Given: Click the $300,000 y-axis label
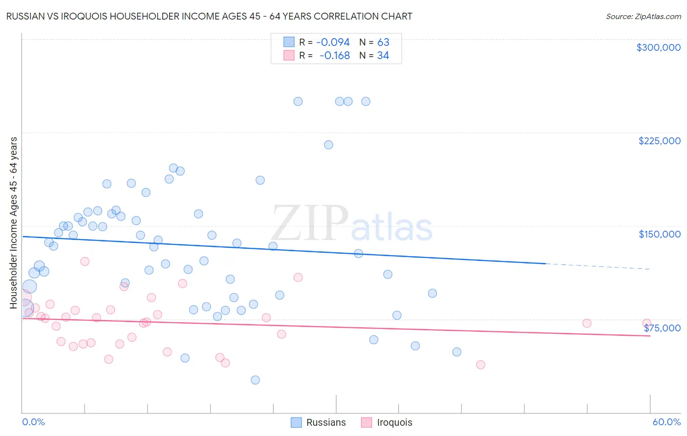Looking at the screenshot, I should click(658, 47).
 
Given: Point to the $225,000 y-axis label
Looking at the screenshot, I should click(659, 141).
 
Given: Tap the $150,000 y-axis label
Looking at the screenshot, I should click(659, 234).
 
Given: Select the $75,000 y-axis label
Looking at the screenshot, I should click(662, 328).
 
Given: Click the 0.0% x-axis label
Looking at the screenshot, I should click(33, 422).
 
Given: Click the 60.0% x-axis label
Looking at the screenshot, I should click(666, 422).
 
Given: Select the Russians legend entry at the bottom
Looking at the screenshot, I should click(318, 422).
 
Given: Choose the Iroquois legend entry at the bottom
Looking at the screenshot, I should click(386, 422).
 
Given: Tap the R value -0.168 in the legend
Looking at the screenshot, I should click(335, 56).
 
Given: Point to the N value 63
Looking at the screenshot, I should click(383, 43).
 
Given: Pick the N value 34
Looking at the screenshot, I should click(383, 56).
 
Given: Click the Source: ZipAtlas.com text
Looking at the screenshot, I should click(643, 17).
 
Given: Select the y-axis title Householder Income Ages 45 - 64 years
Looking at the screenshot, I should click(14, 223).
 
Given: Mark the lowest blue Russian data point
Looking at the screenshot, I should click(255, 380).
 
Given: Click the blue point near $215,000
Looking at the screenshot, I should click(328, 145).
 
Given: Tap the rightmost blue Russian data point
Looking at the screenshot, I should click(457, 352).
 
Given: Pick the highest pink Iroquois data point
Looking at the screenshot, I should click(85, 262).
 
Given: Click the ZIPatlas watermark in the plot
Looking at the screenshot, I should click(352, 224).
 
